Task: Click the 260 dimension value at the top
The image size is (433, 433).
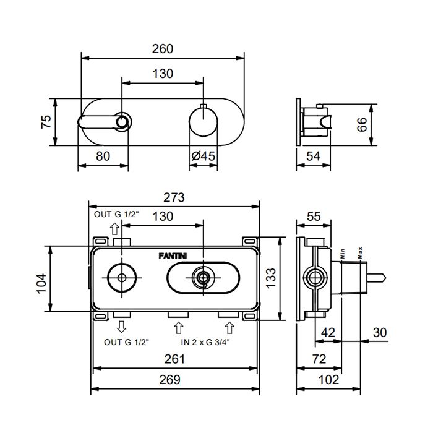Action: pyautogui.click(x=163, y=49)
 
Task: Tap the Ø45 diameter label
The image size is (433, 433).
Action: pyautogui.click(x=203, y=156)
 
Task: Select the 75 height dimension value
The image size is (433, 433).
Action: pyautogui.click(x=46, y=121)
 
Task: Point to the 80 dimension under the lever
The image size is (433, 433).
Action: pyautogui.click(x=103, y=156)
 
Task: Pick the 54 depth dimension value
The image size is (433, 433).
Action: pyautogui.click(x=313, y=156)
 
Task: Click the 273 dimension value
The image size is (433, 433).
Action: pyautogui.click(x=174, y=197)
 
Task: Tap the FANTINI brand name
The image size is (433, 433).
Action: pyautogui.click(x=173, y=256)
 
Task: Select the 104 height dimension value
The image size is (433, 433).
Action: pyautogui.click(x=41, y=283)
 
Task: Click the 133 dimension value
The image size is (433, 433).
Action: pyautogui.click(x=271, y=278)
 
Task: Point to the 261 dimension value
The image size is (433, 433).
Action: pyautogui.click(x=174, y=359)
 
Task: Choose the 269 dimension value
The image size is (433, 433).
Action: pyautogui.click(x=169, y=380)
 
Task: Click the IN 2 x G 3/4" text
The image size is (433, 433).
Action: pyautogui.click(x=205, y=343)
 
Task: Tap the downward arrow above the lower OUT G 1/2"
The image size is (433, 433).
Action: pyautogui.click(x=121, y=327)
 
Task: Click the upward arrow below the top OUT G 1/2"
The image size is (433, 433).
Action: pyautogui.click(x=114, y=229)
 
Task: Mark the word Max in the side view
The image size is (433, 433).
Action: pyautogui.click(x=360, y=252)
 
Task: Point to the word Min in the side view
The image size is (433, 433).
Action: pyautogui.click(x=343, y=254)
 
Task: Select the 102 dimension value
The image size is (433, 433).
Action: pyautogui.click(x=328, y=380)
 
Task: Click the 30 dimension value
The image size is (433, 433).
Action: pyautogui.click(x=380, y=333)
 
